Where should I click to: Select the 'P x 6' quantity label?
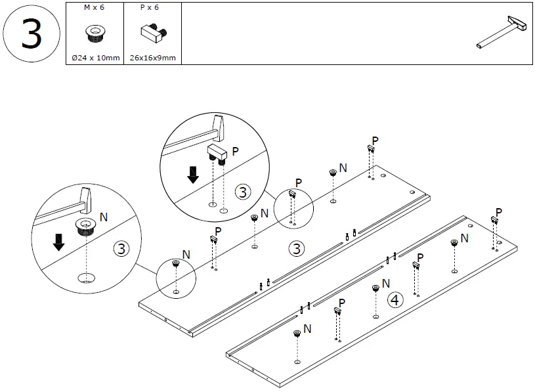point(150,7)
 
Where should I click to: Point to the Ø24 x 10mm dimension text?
point(95,58)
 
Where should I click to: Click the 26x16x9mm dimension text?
point(152,58)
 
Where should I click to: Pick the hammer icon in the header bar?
point(502,33)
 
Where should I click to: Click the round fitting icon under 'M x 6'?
point(95,32)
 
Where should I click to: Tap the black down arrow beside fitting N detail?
point(59,242)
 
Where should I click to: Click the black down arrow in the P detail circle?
point(193,175)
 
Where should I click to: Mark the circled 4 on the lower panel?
point(395,300)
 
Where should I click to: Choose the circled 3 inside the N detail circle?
point(121,249)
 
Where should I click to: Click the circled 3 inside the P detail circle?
point(243,192)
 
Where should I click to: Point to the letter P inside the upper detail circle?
point(235,151)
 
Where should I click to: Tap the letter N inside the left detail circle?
point(103,215)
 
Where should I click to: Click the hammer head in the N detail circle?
point(85,197)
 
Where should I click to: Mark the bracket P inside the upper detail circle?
point(217,153)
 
